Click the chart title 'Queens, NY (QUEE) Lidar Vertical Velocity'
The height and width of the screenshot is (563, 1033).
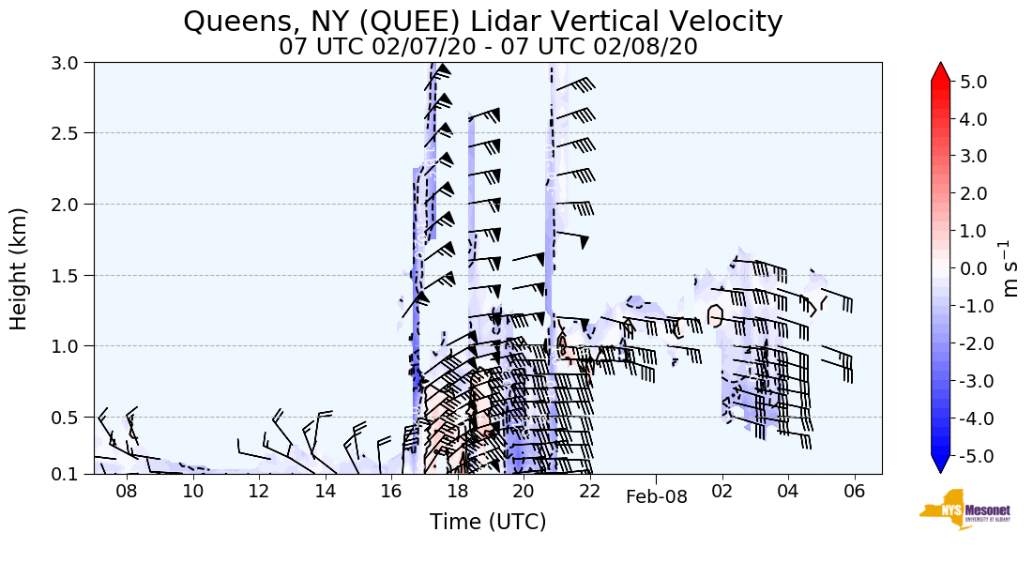pyautogui.click(x=483, y=21)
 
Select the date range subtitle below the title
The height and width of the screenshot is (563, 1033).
pyautogui.click(x=488, y=46)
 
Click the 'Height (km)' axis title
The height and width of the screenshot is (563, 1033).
pyautogui.click(x=20, y=268)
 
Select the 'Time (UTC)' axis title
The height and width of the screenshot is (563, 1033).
pyautogui.click(x=488, y=522)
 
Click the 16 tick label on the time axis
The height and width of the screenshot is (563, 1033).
pyautogui.click(x=391, y=492)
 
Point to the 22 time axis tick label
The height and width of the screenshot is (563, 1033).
pyautogui.click(x=590, y=492)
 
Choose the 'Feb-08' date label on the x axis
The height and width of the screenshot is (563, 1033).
pyautogui.click(x=657, y=498)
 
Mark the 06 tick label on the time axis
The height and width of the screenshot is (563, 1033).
pyautogui.click(x=855, y=492)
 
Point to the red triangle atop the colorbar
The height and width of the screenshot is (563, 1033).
pyautogui.click(x=940, y=72)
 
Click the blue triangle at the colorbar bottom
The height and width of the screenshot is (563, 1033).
pyautogui.click(x=940, y=464)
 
